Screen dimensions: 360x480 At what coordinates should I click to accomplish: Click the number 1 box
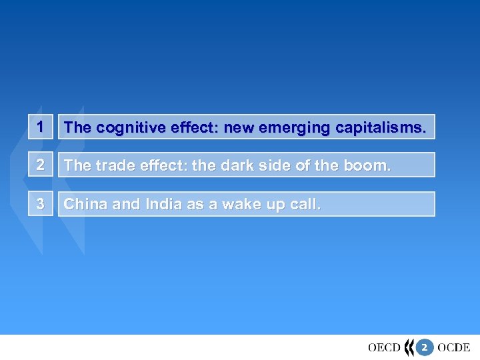(41, 127)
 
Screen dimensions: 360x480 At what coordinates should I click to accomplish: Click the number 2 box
(41, 165)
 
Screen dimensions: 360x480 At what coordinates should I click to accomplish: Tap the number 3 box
(41, 204)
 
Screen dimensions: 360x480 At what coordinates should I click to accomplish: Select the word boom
(367, 165)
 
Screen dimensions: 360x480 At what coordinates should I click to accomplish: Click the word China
(86, 204)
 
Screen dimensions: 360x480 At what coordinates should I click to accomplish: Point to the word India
(161, 204)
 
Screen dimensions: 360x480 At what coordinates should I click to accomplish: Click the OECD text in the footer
(384, 347)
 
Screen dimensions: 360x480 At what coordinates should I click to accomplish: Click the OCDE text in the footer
(454, 347)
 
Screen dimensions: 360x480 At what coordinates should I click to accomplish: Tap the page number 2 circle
(425, 347)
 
